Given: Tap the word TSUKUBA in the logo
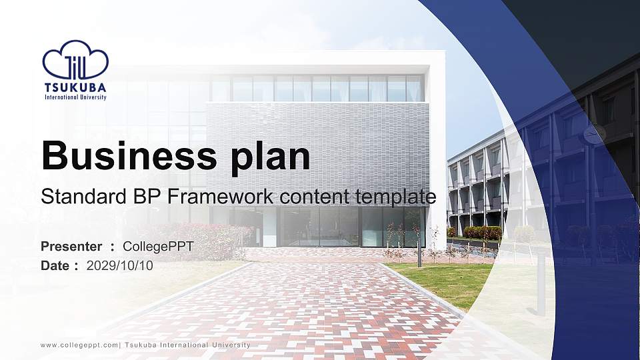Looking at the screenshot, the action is pyautogui.click(x=75, y=87).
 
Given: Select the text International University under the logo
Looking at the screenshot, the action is pyautogui.click(x=75, y=97).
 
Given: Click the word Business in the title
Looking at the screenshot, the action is pyautogui.click(x=129, y=155).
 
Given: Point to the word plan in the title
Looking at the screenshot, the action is pyautogui.click(x=270, y=157).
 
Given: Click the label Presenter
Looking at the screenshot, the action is pyautogui.click(x=71, y=246).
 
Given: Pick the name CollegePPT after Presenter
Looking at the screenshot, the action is pyautogui.click(x=158, y=247).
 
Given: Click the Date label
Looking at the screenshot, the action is pyautogui.click(x=55, y=265).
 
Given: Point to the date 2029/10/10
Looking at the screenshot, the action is pyautogui.click(x=119, y=265).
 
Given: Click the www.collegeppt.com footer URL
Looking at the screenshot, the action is pyautogui.click(x=79, y=345).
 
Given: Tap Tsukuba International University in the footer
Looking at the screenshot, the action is pyautogui.click(x=187, y=345).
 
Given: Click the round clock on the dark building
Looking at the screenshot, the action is pyautogui.click(x=594, y=134).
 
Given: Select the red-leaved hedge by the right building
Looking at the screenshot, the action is pyautogui.click(x=482, y=233).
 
